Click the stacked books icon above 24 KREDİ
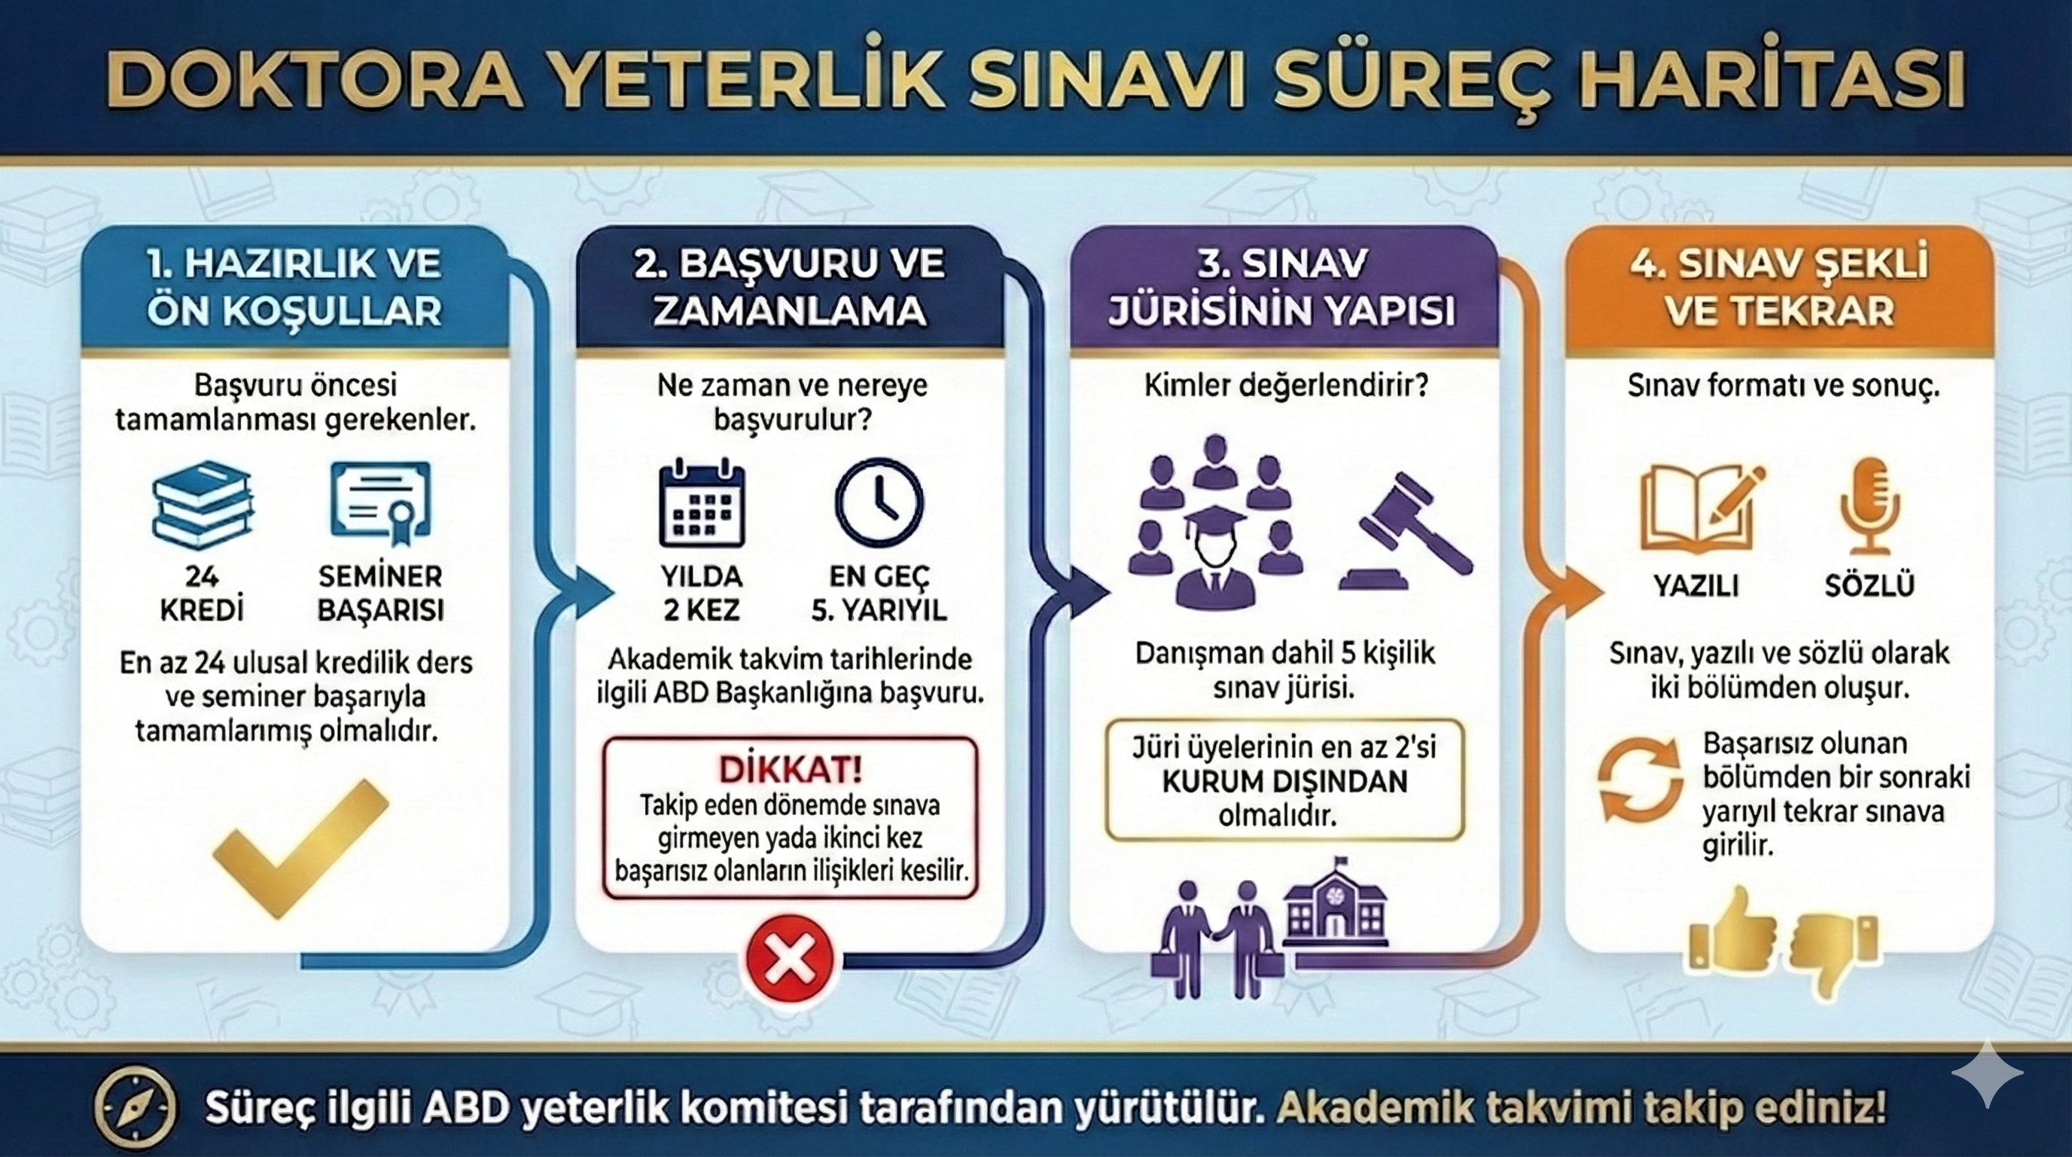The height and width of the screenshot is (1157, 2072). point(203,505)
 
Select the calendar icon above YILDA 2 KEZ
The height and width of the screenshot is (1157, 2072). point(702,503)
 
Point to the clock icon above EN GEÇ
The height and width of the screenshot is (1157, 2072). point(879,503)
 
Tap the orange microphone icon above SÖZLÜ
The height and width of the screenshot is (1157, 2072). point(1869,506)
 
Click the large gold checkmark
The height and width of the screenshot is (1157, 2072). point(300,848)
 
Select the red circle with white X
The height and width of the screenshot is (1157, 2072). point(789,957)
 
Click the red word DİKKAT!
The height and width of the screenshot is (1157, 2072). point(790,770)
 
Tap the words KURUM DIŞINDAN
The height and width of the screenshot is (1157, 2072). point(1284,781)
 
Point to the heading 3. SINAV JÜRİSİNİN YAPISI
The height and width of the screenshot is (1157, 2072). point(1282,287)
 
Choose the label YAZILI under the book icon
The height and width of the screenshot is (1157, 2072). point(1696,585)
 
